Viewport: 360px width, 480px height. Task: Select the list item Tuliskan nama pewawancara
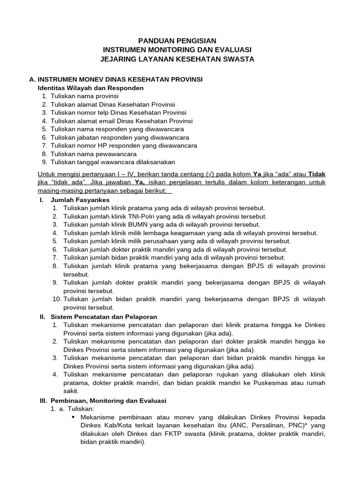[93, 154]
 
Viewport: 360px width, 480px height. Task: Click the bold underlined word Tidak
[316, 174]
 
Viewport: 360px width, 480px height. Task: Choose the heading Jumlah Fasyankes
[80, 200]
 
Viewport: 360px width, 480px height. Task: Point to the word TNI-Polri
[135, 216]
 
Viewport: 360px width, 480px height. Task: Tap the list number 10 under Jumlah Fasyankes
[57, 299]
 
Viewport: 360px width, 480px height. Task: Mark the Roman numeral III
[43, 401]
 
